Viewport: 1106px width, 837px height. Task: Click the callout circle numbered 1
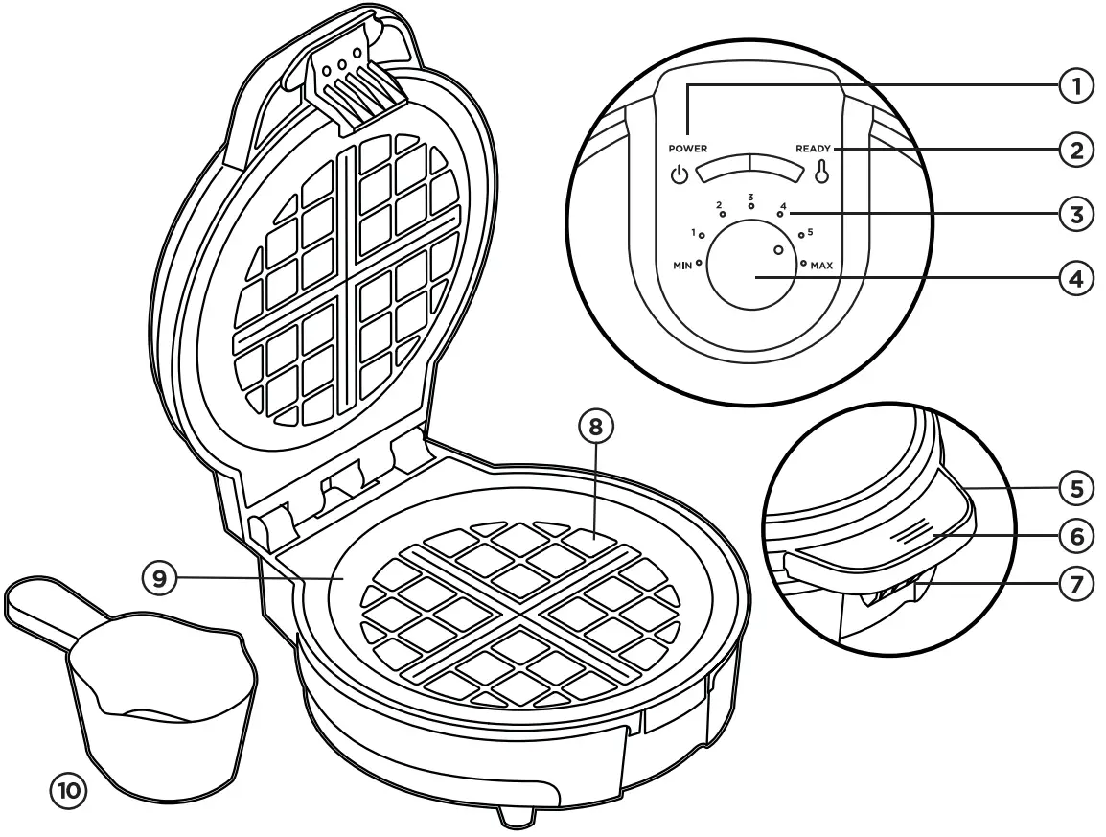[x=1076, y=86]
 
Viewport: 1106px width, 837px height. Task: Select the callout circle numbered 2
[x=1076, y=150]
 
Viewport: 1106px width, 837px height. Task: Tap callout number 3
[x=1076, y=213]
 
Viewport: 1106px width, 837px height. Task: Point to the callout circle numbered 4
[x=1076, y=278]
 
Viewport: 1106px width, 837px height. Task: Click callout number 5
[x=1076, y=488]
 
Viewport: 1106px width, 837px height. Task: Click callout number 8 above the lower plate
[x=595, y=429]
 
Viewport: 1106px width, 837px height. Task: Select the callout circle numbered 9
[x=160, y=577]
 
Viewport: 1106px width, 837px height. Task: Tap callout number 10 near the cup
[x=68, y=791]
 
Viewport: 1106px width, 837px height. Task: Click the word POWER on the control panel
[x=688, y=150]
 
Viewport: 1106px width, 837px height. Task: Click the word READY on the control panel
[x=813, y=150]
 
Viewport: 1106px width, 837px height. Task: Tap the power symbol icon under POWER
[x=679, y=174]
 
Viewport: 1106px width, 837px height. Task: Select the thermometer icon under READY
[x=820, y=174]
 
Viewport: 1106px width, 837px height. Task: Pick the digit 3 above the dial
[x=751, y=196]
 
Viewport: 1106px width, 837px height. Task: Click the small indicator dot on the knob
[x=778, y=249]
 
